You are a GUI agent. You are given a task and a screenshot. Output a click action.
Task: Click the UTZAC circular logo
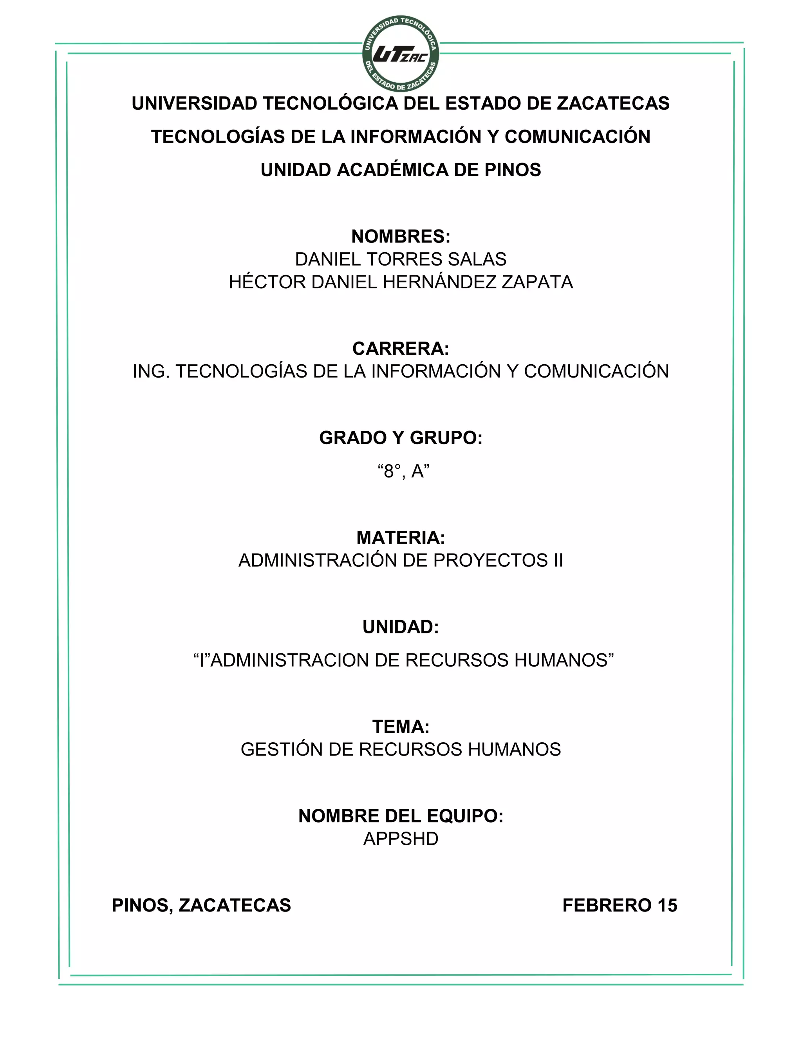tap(401, 54)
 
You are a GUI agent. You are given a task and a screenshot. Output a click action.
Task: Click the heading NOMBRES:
tap(401, 236)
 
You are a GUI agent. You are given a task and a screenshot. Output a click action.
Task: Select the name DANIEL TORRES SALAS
tap(401, 259)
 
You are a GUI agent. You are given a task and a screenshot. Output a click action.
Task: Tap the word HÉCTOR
tap(267, 282)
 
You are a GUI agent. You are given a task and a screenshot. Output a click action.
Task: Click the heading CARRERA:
tap(401, 348)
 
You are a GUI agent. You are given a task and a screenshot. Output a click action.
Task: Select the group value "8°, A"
tap(403, 472)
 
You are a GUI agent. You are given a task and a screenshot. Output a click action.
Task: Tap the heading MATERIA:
tap(401, 537)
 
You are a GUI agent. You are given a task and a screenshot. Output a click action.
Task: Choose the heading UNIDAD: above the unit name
tap(401, 627)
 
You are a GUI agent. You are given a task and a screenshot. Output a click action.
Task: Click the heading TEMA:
tap(401, 727)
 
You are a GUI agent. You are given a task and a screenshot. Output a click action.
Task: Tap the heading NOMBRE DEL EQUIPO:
tap(401, 816)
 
